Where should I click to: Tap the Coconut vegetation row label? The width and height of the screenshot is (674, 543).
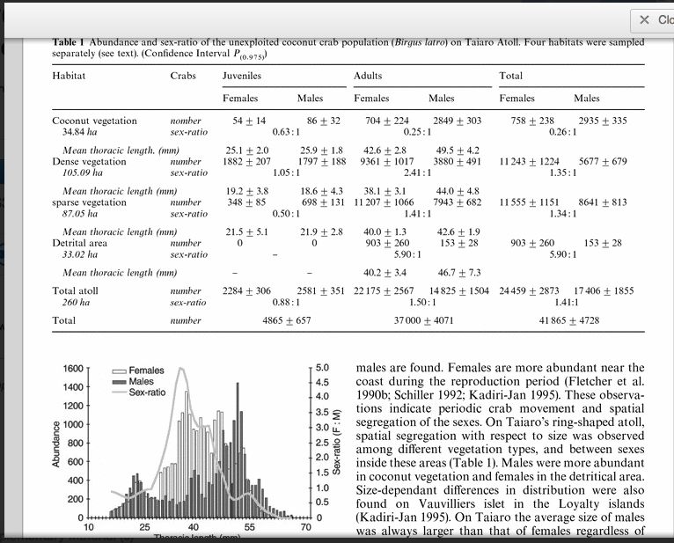[x=94, y=121]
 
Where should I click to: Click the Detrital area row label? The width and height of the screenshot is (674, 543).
[x=84, y=242]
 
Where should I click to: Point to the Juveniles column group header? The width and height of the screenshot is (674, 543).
[x=242, y=76]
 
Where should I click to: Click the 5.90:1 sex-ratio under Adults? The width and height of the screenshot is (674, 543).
[x=406, y=253]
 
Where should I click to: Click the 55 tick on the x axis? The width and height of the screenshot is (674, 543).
[x=250, y=527]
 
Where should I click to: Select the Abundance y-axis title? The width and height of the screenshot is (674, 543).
[x=57, y=440]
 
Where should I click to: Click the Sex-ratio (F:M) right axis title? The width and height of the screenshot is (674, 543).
[x=338, y=440]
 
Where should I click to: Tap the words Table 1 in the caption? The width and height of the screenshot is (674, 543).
[x=69, y=41]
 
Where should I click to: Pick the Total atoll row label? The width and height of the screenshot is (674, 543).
[x=76, y=290]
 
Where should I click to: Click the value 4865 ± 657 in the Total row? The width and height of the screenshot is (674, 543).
[x=275, y=320]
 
